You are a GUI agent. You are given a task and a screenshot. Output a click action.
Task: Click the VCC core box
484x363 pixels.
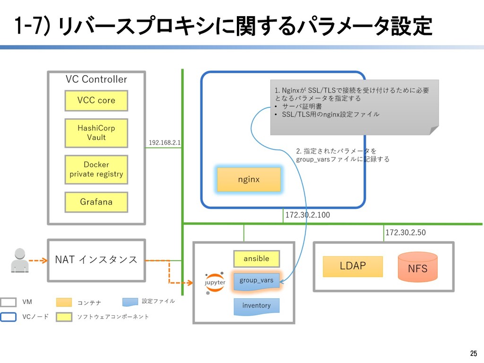click(x=96, y=100)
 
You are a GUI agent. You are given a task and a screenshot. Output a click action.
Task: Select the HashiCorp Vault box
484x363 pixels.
click(x=96, y=133)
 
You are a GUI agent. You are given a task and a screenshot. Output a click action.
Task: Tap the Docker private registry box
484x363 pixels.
click(x=96, y=169)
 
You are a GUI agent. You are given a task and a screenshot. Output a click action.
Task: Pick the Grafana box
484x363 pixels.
click(x=96, y=202)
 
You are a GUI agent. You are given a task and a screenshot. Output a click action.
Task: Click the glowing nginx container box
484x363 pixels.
click(x=249, y=180)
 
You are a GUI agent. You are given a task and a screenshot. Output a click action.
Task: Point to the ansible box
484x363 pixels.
click(x=256, y=259)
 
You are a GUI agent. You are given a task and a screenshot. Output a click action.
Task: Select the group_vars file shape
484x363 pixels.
click(x=256, y=280)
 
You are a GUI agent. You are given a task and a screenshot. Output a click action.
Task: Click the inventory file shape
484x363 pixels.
click(x=256, y=306)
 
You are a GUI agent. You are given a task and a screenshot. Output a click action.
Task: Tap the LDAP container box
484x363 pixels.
click(x=353, y=266)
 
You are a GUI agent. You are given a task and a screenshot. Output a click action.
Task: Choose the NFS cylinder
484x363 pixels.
click(x=417, y=267)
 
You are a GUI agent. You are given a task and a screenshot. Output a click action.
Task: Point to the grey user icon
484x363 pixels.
click(x=19, y=260)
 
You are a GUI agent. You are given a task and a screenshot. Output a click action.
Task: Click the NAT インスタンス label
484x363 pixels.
click(x=96, y=259)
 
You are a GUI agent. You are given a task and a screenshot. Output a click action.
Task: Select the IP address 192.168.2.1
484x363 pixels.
click(x=164, y=142)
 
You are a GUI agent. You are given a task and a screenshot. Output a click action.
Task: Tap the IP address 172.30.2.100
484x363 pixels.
click(x=307, y=215)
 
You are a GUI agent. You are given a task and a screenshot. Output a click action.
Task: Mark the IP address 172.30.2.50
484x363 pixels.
click(x=406, y=233)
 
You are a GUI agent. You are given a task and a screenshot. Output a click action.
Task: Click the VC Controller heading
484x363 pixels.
click(x=96, y=79)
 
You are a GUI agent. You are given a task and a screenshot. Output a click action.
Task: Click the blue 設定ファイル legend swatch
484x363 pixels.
click(x=131, y=302)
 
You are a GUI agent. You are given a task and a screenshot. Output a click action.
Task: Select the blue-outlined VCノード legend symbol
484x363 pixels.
click(x=9, y=316)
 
